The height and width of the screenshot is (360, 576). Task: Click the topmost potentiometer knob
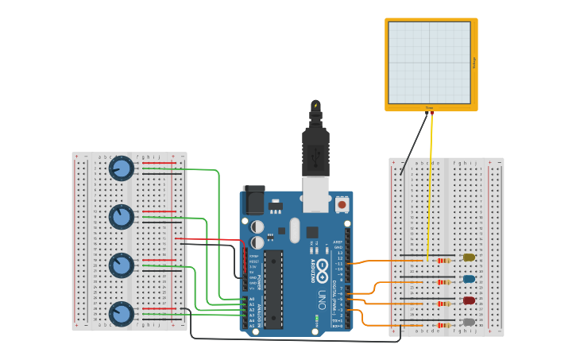tap(122, 168)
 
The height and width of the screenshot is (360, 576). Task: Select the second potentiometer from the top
tap(122, 216)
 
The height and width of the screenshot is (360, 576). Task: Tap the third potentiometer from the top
tap(122, 265)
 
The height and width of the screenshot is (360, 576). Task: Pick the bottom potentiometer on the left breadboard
tap(122, 313)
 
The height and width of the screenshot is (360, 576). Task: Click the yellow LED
tap(469, 257)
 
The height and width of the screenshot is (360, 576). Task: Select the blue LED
tap(469, 279)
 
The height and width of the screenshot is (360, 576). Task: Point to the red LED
tap(469, 300)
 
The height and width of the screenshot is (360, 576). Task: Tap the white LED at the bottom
tap(469, 322)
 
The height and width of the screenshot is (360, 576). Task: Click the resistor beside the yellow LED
tap(443, 260)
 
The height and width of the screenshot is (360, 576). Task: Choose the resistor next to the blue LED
tap(443, 281)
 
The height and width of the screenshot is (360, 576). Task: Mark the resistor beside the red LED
tap(443, 303)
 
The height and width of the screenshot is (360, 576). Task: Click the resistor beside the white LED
tap(443, 324)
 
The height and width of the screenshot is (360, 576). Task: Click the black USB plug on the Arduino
tap(315, 151)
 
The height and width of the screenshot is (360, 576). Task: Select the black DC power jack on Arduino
tap(254, 200)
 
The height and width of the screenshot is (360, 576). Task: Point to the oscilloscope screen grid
tap(429, 62)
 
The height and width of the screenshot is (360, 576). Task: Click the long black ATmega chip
tap(273, 289)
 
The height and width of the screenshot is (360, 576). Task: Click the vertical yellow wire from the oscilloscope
tap(431, 183)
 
